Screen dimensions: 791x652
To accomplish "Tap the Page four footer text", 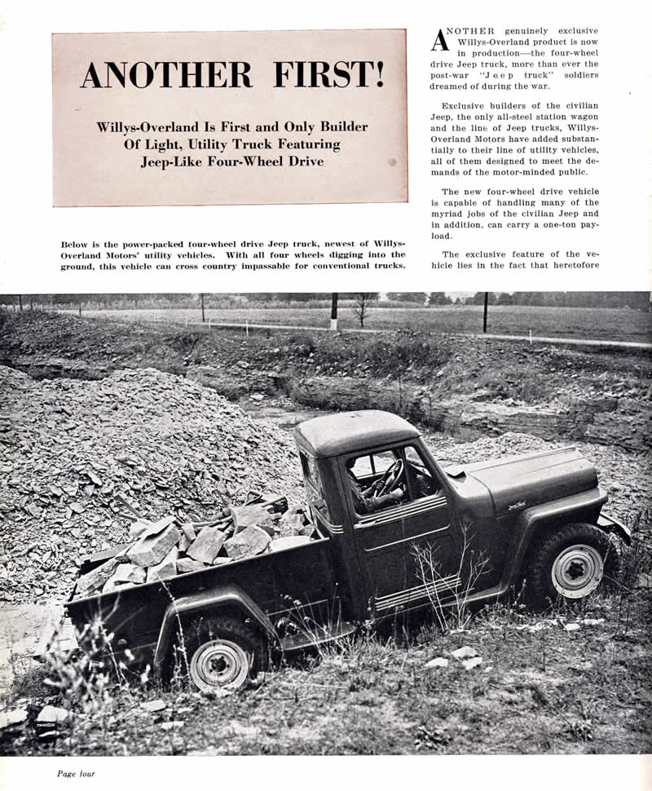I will click(x=76, y=773).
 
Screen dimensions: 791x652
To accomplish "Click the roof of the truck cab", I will click(x=356, y=430).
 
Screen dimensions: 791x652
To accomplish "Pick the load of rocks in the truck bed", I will click(x=192, y=541).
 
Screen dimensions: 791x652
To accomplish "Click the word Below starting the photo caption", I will click(x=76, y=244).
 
